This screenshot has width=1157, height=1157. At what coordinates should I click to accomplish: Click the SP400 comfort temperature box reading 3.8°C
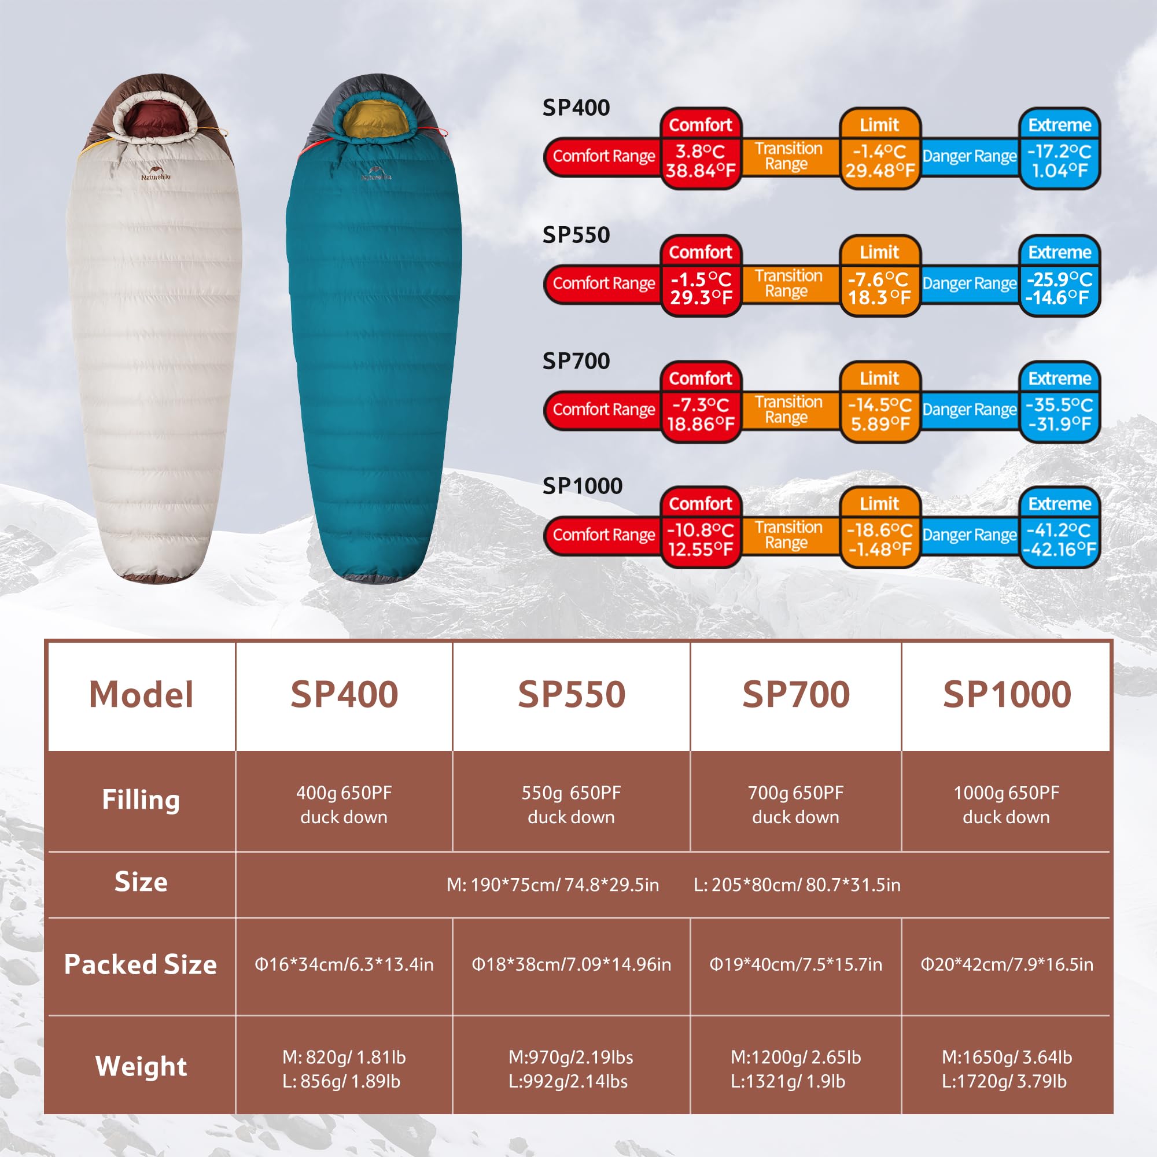701,161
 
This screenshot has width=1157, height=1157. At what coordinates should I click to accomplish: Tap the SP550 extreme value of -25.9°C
1059,288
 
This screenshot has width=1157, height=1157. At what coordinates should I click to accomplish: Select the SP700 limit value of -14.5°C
880,414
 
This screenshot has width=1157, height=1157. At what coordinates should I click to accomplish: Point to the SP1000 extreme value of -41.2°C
1059,540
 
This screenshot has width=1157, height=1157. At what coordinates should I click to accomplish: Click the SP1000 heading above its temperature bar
582,486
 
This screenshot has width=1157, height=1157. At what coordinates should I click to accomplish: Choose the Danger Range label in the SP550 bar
970,283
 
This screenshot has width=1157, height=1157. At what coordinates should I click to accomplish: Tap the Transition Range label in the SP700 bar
788,410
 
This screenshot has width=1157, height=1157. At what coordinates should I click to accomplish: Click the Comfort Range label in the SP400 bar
603,156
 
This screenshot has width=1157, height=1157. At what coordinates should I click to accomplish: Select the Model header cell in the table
141,695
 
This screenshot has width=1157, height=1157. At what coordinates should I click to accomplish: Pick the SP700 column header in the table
796,695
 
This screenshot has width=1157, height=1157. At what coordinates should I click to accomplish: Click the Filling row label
141,799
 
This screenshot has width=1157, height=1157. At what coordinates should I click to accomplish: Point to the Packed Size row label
141,964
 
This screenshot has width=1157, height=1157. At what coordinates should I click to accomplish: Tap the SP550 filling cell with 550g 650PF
572,804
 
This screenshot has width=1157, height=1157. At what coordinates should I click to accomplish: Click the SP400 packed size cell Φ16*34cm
344,964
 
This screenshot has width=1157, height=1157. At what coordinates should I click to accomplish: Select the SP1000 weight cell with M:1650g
1006,1069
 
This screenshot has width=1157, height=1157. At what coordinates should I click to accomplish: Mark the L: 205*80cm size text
797,885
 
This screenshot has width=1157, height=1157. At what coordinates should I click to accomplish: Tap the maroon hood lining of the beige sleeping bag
156,117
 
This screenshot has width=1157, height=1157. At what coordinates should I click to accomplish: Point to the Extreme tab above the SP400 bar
1059,124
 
